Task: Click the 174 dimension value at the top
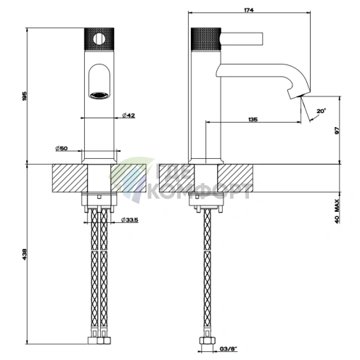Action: click(x=249, y=10)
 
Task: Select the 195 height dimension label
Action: click(x=25, y=97)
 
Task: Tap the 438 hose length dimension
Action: click(x=25, y=254)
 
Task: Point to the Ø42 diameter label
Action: click(x=128, y=115)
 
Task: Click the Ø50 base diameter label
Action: click(x=62, y=148)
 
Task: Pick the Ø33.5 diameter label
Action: click(x=130, y=220)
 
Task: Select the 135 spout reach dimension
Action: click(x=253, y=119)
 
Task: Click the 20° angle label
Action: click(x=322, y=111)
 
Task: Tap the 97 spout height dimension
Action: click(x=337, y=131)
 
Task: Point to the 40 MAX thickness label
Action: click(x=337, y=211)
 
